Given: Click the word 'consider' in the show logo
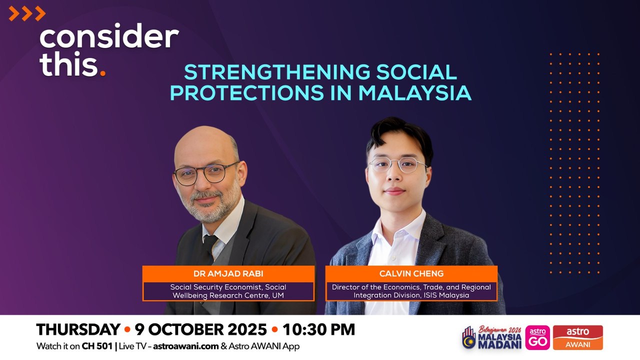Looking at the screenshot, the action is [109, 36].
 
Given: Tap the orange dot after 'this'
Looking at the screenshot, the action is [103, 73].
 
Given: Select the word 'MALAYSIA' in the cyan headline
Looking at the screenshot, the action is [415, 92].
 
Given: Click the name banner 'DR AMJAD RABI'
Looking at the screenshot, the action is [228, 273].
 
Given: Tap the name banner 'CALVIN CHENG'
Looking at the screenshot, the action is [411, 273].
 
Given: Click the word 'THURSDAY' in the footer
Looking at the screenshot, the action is [78, 329].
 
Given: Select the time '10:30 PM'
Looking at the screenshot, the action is [319, 329].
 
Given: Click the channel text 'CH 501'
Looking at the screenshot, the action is [97, 346].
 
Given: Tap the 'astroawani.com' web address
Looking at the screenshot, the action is [186, 346].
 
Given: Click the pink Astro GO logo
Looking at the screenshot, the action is [537, 337].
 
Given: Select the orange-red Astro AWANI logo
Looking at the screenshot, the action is [577, 337].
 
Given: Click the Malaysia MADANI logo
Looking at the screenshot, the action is [491, 337].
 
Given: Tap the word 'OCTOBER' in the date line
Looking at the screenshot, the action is [181, 329].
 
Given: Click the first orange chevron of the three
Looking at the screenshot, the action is [13, 13].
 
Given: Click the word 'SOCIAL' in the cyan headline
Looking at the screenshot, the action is [416, 72].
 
